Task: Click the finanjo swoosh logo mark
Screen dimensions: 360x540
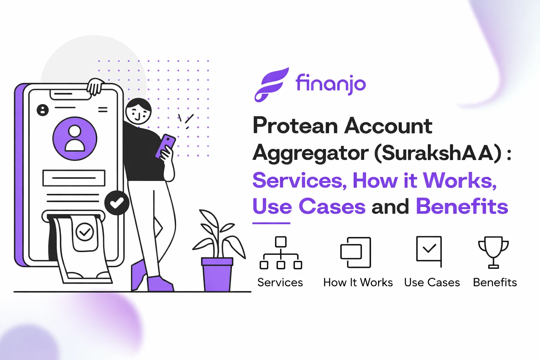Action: [271, 85]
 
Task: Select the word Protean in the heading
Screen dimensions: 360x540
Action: [295, 126]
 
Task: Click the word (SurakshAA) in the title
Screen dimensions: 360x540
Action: [438, 153]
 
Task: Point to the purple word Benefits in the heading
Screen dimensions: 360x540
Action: [462, 206]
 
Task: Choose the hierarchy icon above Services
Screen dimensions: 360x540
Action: [281, 253]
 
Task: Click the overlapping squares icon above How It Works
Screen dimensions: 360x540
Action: [355, 252]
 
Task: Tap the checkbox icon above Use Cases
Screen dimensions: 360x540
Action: [429, 251]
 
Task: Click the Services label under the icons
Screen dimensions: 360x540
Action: [280, 282]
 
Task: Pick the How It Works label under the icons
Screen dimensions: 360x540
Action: [358, 282]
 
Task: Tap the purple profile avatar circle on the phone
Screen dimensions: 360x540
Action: [75, 139]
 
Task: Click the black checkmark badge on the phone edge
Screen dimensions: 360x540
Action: [117, 203]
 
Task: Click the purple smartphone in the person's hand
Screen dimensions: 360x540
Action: [166, 145]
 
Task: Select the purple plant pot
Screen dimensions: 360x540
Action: [217, 274]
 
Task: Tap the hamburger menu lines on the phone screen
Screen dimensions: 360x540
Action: [103, 110]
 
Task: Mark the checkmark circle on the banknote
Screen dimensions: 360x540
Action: [85, 232]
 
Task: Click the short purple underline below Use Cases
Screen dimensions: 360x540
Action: [271, 223]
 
